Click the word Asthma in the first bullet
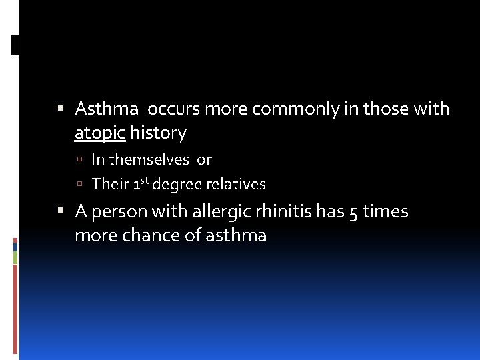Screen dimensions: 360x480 pos(107,109)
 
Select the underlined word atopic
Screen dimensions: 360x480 pos(100,133)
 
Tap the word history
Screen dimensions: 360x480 pos(158,133)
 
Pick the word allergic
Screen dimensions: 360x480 pos(217,212)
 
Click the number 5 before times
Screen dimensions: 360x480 pos(353,212)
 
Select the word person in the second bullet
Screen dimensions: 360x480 pos(118,212)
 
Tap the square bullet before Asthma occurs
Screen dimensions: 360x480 pos(61,108)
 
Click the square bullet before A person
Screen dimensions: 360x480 pos(61,211)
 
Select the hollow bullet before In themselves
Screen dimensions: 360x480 pos(79,160)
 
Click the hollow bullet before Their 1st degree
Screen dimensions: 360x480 pos(79,185)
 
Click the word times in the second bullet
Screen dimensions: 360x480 pos(385,212)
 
